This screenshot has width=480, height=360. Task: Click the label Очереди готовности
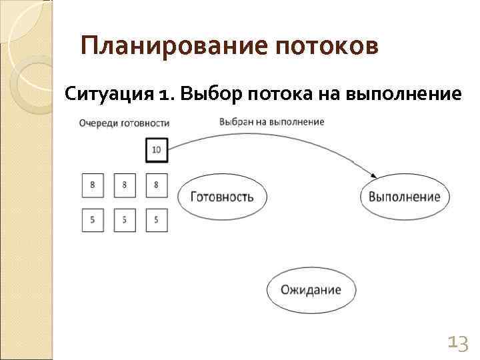click(x=124, y=123)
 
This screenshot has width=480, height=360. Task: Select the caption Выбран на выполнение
click(x=271, y=122)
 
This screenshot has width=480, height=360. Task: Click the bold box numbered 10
click(x=156, y=150)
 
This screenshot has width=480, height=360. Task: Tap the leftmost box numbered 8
click(x=93, y=185)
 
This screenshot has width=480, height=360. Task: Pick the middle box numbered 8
click(x=125, y=185)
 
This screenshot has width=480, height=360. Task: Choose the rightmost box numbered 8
click(x=156, y=185)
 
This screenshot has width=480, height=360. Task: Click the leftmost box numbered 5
click(x=93, y=220)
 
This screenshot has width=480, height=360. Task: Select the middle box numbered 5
click(x=125, y=220)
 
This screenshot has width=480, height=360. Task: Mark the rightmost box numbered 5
click(x=156, y=220)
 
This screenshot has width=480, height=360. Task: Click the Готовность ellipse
click(x=222, y=197)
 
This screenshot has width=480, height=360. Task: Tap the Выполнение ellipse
click(x=405, y=197)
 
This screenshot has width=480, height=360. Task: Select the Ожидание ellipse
click(x=311, y=290)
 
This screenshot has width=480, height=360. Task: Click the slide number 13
click(x=457, y=343)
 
